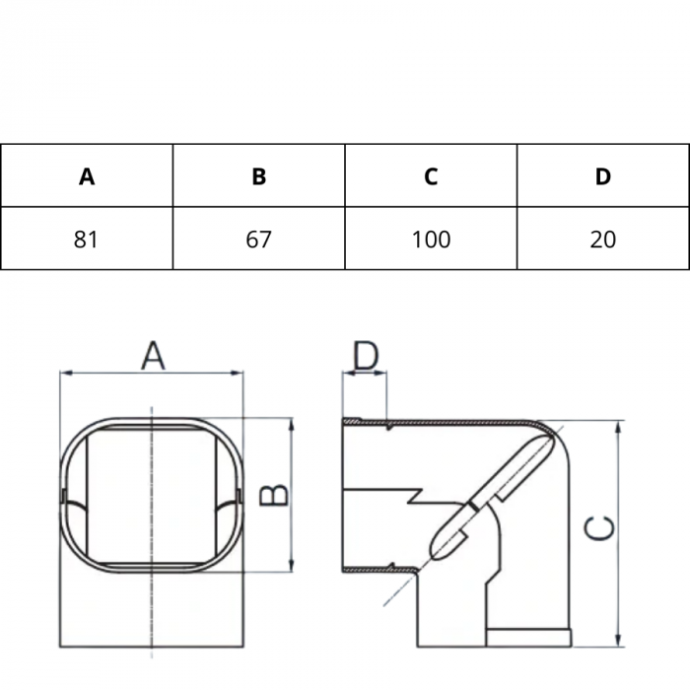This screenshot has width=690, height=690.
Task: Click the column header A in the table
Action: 87,176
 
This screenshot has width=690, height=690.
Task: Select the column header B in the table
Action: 259,176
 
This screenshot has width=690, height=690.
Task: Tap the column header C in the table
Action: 431,176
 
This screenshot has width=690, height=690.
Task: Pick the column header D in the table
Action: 603,176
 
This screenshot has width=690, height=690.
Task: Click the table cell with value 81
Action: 87,239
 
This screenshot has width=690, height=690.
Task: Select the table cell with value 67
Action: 259,239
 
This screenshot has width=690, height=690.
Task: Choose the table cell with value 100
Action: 431,239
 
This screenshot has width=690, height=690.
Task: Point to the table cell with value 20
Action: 603,239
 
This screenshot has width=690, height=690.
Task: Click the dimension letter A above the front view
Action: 152,355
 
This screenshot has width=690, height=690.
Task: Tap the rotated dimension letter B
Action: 278,494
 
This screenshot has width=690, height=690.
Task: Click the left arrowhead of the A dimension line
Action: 65,373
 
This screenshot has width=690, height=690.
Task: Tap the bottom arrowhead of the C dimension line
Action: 618,642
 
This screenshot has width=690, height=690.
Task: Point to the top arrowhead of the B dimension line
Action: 292,423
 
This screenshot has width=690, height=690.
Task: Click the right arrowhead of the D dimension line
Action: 382,374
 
